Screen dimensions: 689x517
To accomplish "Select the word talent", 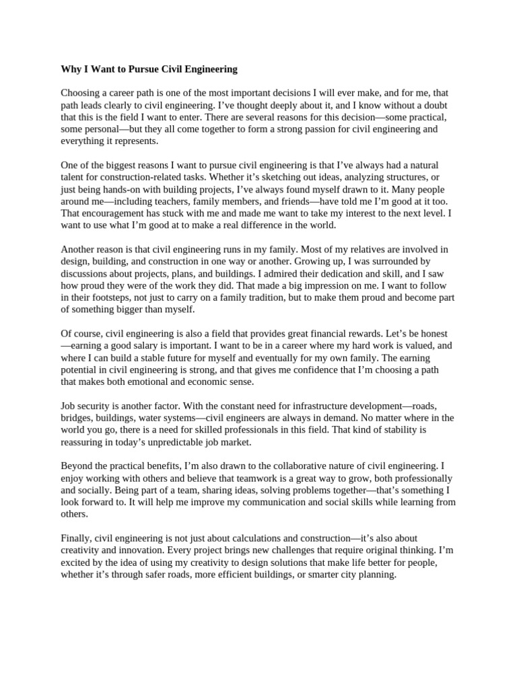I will [74, 177].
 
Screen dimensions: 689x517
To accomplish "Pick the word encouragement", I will [112, 213].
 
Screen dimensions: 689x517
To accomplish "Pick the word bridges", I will [76, 418].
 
